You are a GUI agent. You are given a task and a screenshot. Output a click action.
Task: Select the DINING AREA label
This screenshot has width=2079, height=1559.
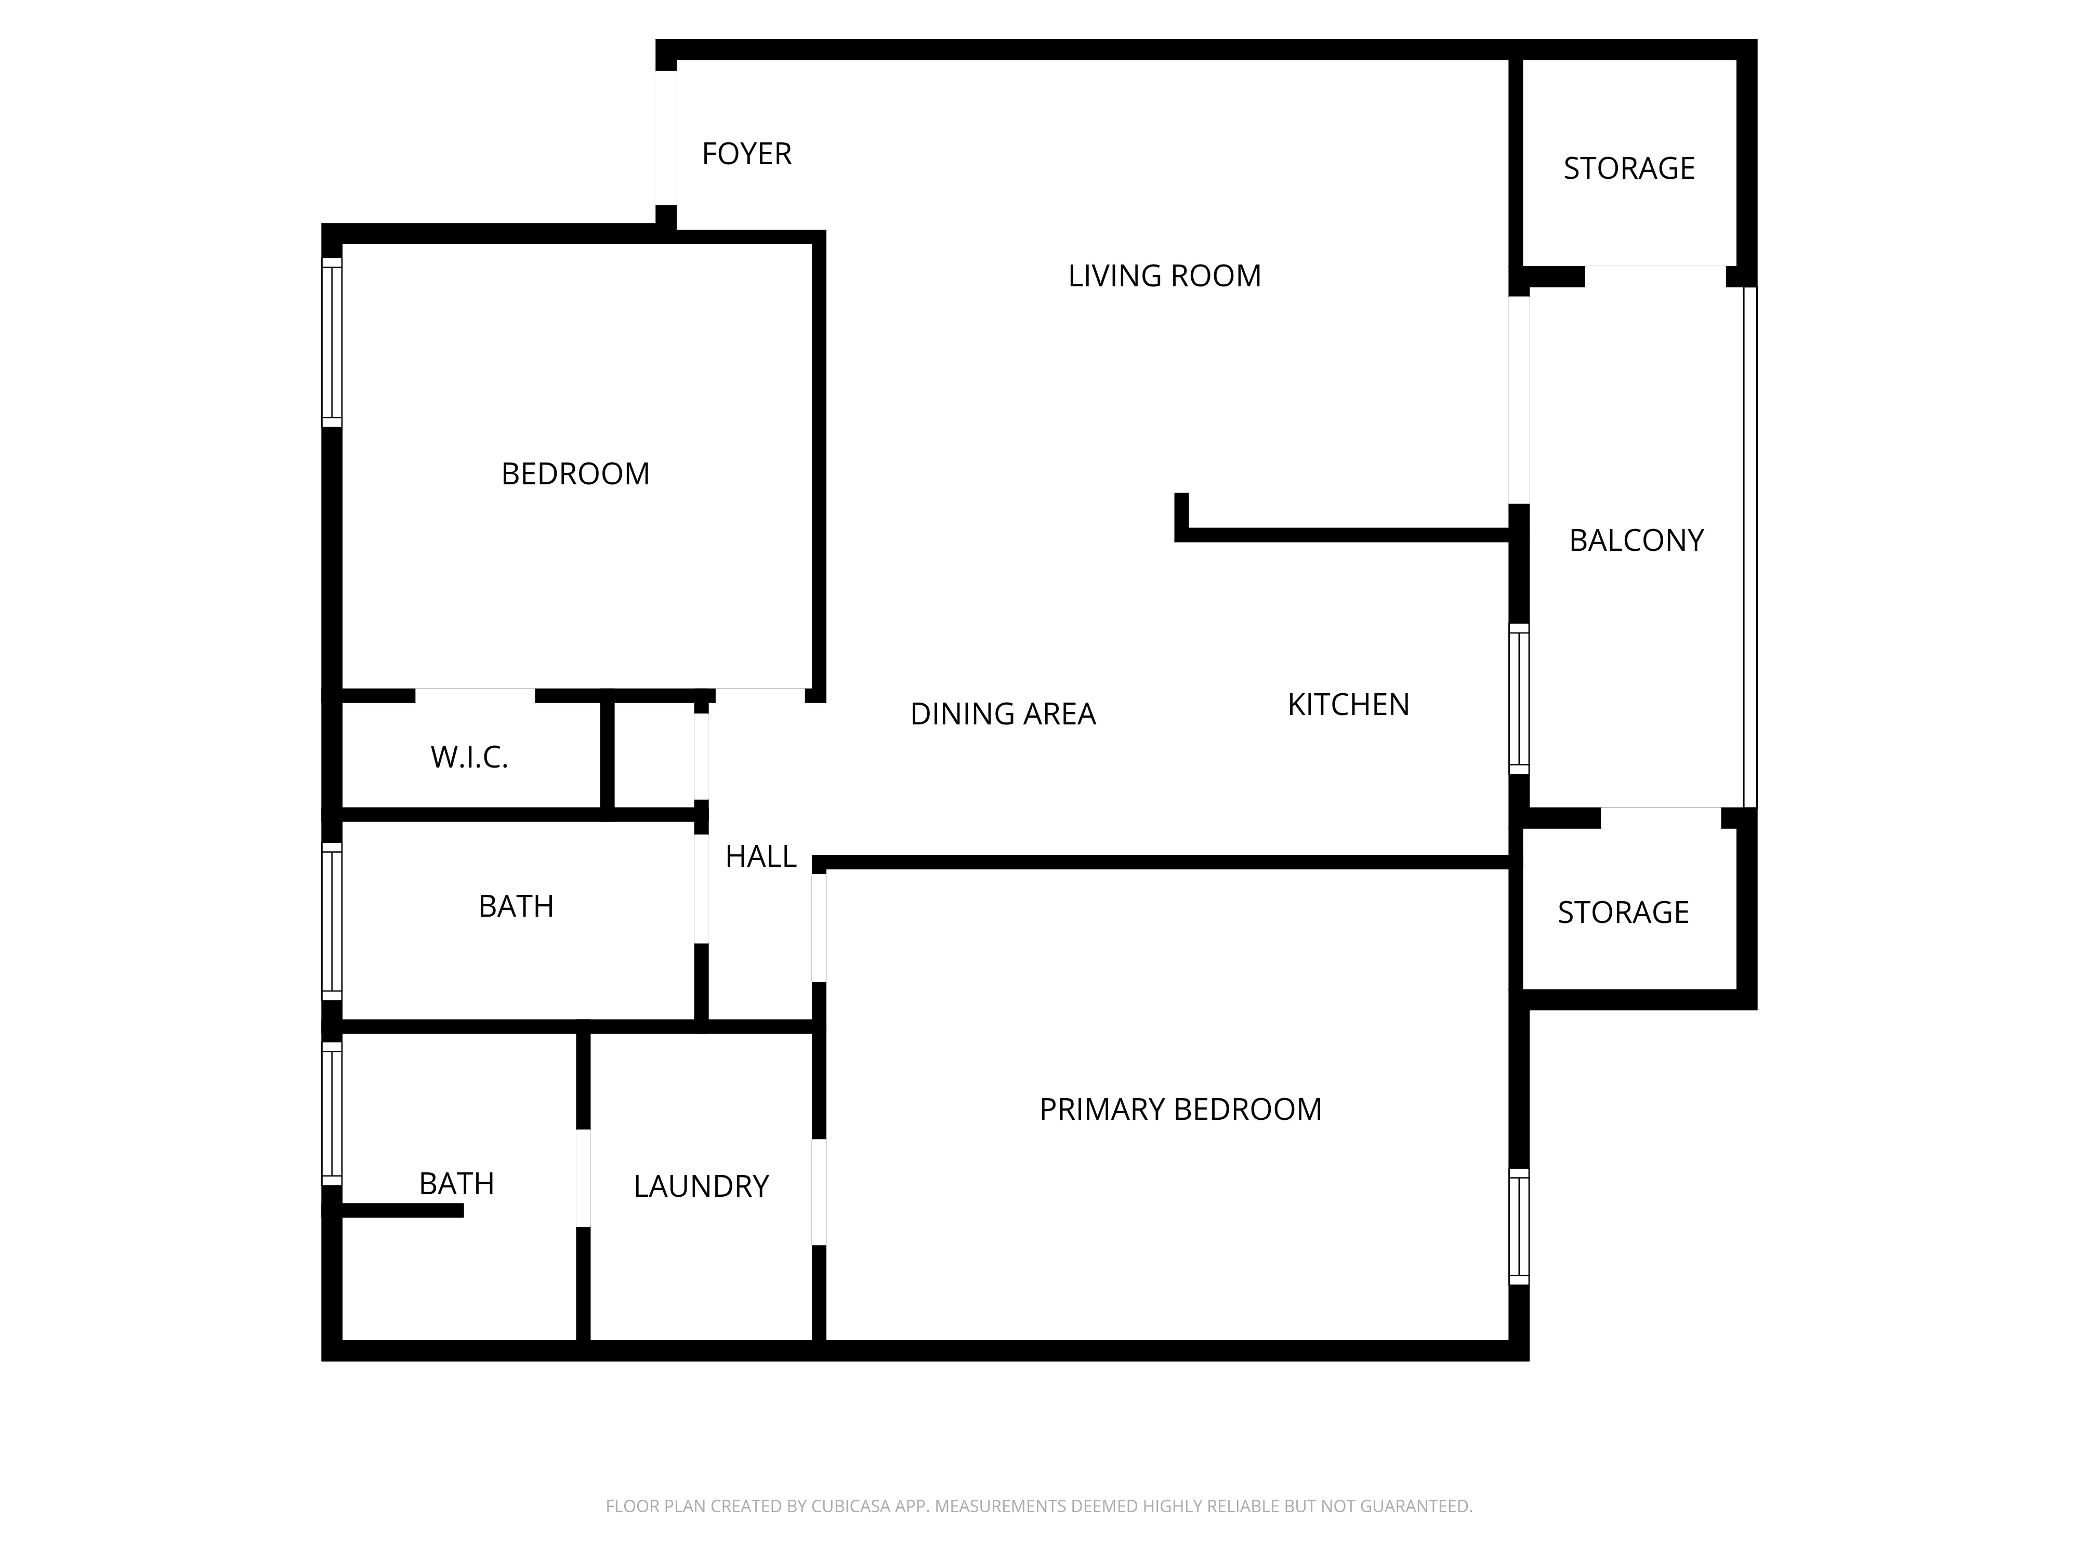click(1002, 714)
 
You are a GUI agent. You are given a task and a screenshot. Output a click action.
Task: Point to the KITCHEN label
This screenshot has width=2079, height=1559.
click(1348, 705)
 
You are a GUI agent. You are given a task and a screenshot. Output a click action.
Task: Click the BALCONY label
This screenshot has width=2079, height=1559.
click(1635, 540)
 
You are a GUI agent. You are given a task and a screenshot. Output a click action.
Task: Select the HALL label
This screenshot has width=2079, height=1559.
click(760, 856)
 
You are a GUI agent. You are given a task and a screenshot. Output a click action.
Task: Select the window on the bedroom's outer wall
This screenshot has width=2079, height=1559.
click(332, 342)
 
